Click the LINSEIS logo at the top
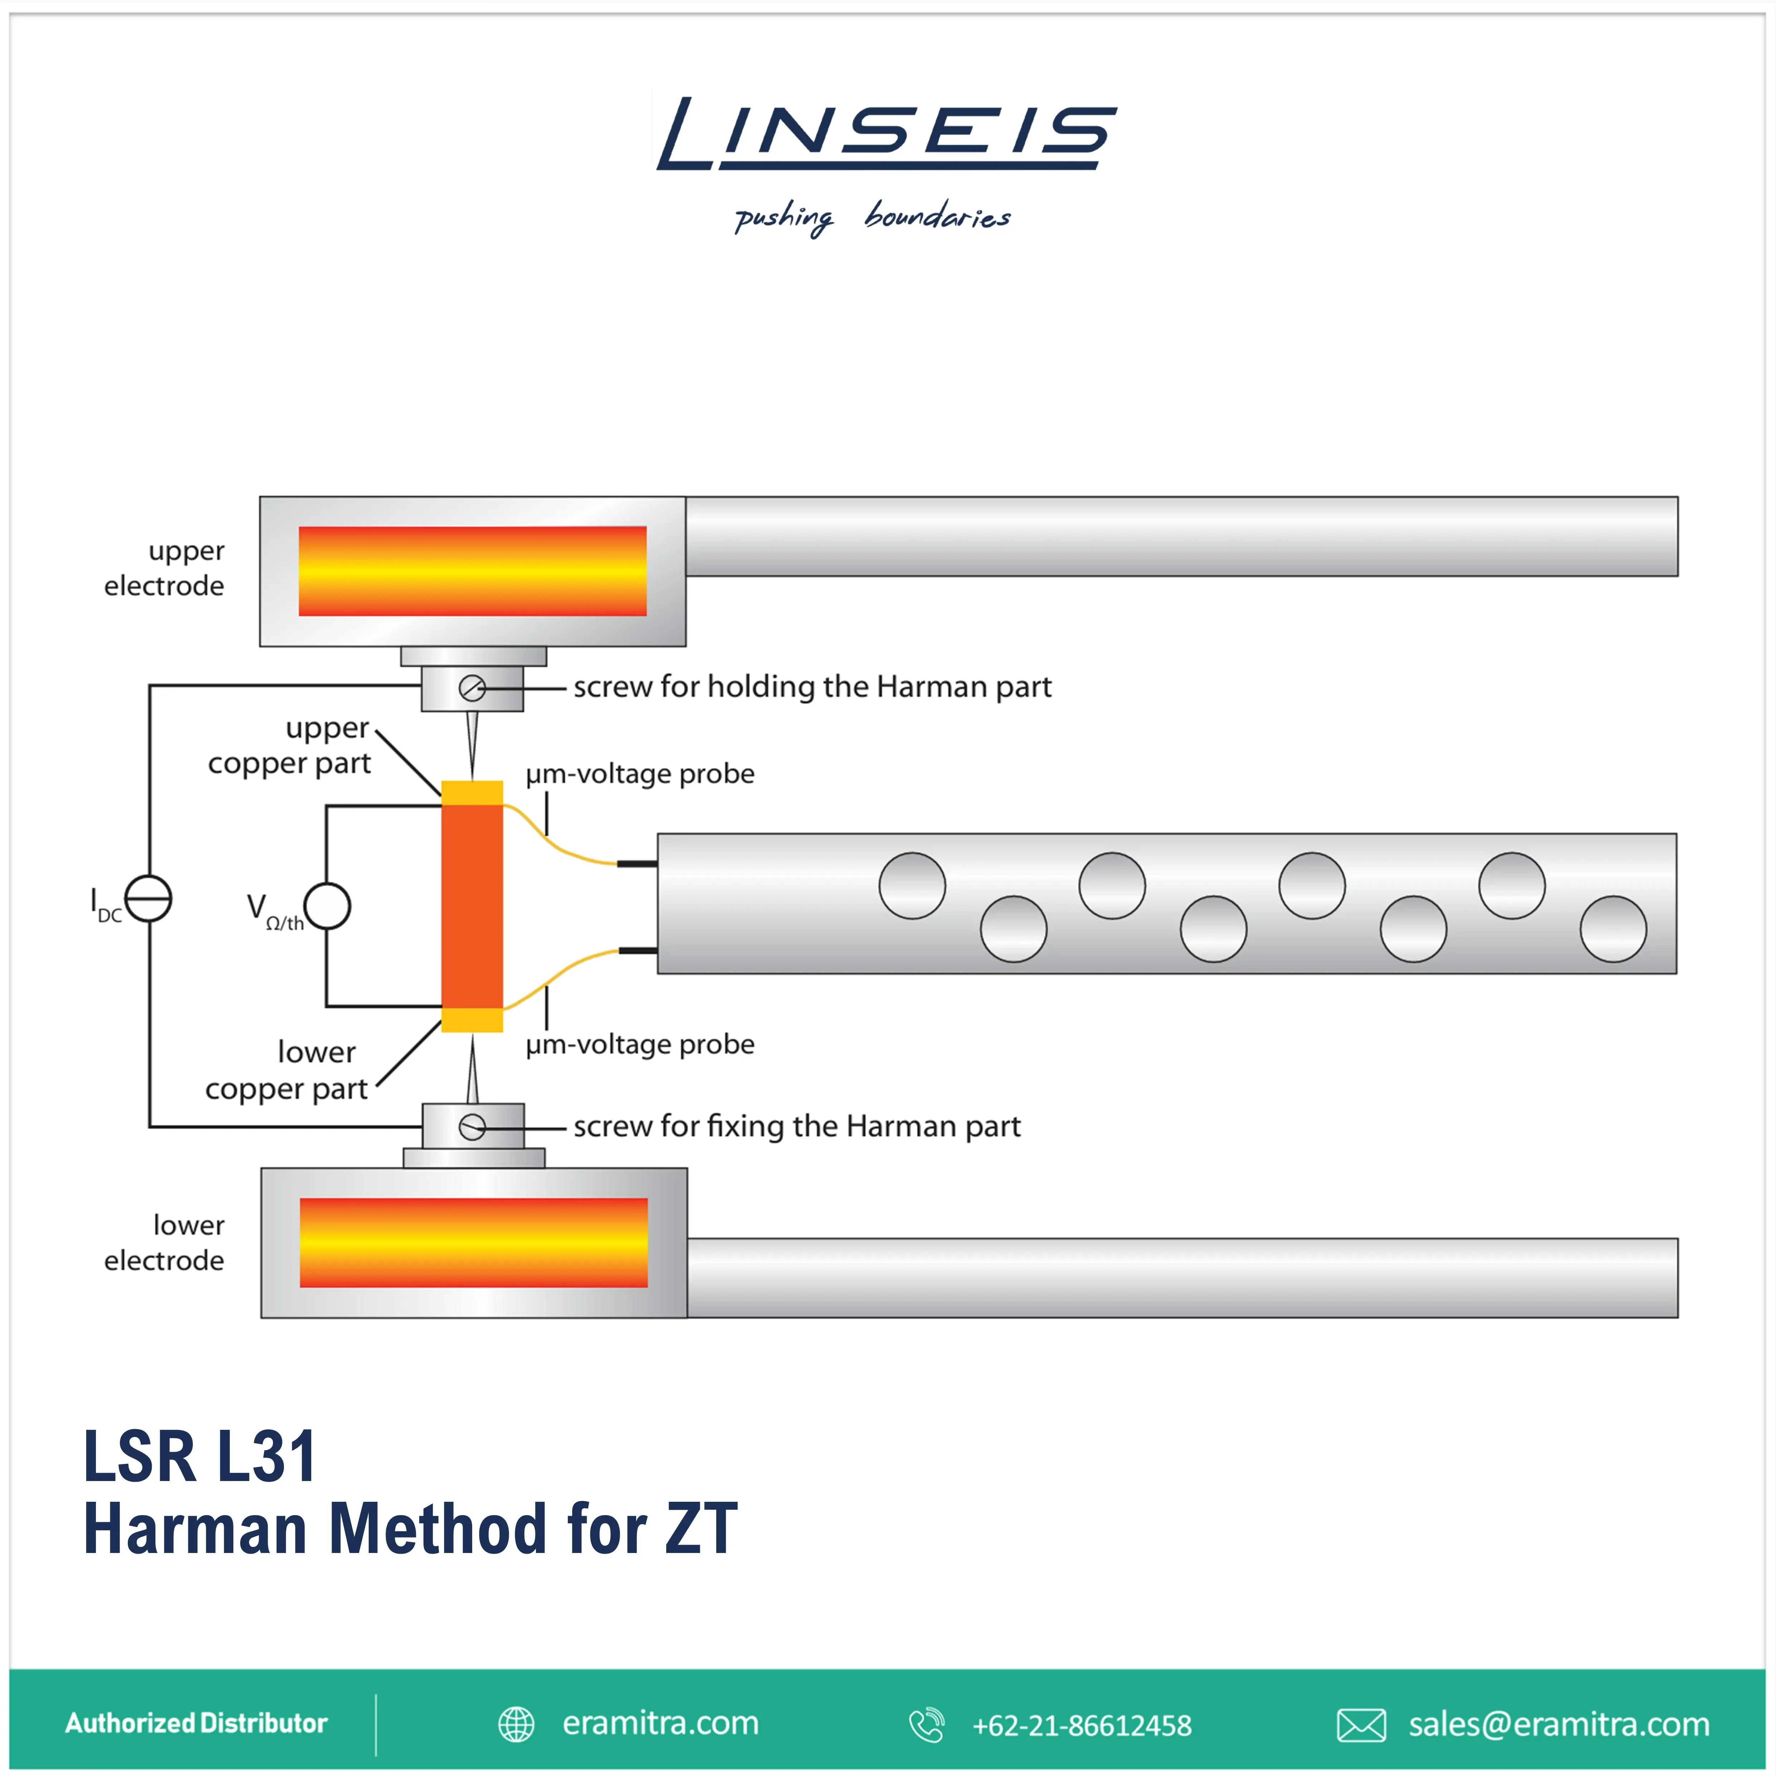point(886,134)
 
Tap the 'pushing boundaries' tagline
point(871,218)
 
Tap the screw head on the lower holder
point(471,1127)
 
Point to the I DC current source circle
point(148,898)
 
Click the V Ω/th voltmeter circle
point(327,906)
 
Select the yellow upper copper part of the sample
point(471,792)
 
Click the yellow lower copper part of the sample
point(471,1020)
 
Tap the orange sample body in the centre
point(471,906)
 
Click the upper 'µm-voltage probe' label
point(640,774)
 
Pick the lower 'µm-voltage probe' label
point(640,1044)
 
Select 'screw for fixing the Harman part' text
point(797,1126)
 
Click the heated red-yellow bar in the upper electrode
point(473,571)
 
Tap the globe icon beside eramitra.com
point(516,1724)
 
